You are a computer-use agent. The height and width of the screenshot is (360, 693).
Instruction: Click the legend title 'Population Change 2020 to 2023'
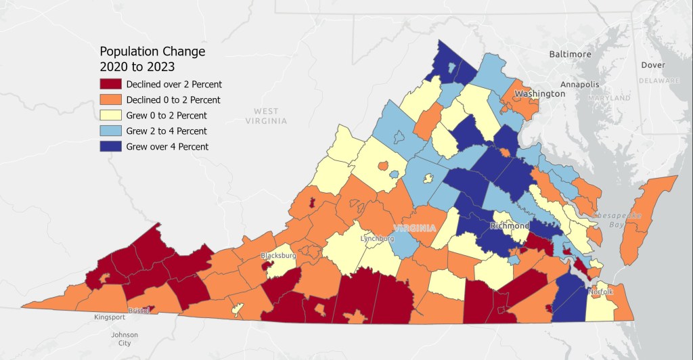coord(152,59)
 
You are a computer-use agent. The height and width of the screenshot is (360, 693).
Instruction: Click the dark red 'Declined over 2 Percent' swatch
coord(111,85)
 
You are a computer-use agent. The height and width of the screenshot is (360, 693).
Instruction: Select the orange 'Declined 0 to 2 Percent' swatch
coord(111,100)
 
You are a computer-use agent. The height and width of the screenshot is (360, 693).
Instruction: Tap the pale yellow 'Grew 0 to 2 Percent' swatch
coord(111,116)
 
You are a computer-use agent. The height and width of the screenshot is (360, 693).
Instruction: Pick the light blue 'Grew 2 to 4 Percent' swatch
coord(111,131)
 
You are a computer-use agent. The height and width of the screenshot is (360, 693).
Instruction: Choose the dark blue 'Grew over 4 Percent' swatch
coord(111,146)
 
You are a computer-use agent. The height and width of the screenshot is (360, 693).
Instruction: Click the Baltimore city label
coord(570,54)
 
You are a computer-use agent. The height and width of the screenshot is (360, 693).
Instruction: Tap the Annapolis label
coord(580,85)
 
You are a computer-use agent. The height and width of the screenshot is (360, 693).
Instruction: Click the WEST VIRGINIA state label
coord(266,116)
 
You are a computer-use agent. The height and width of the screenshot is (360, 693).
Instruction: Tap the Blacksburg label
coord(278,256)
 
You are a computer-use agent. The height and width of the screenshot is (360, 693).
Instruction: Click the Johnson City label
coord(125,339)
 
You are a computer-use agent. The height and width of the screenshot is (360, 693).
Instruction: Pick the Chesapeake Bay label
coord(616,219)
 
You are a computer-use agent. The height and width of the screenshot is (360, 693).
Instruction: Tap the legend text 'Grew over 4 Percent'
coord(167,146)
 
